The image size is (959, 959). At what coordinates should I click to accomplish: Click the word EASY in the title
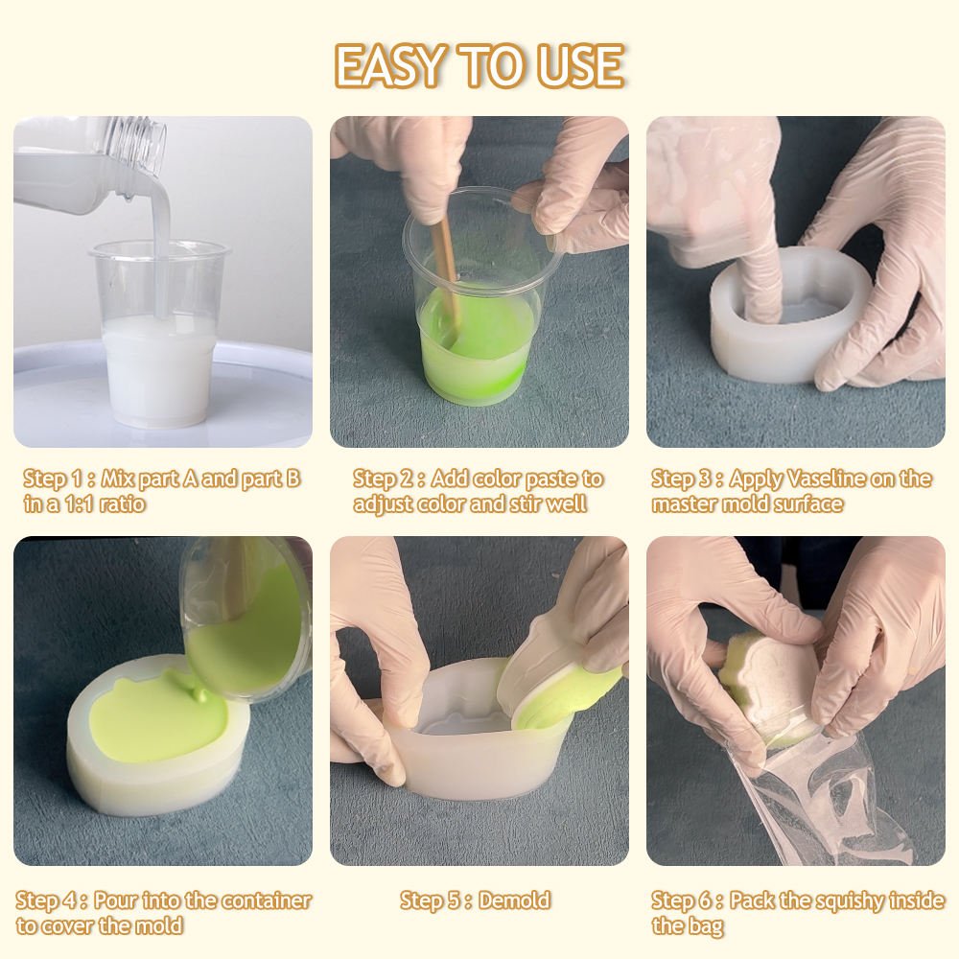pos(389,65)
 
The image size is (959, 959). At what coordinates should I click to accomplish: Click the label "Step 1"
pos(54,479)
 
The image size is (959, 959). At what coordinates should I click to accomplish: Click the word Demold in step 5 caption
pos(514,901)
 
